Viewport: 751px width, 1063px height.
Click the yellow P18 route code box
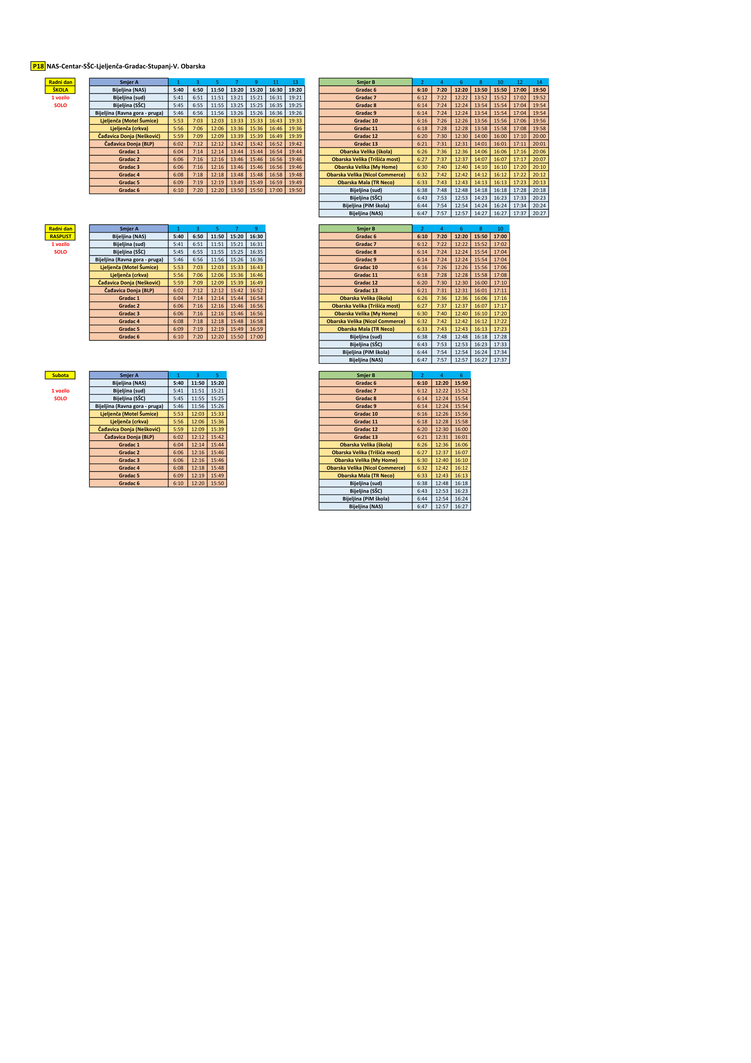(x=38, y=66)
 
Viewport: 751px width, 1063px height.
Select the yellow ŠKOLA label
(x=60, y=90)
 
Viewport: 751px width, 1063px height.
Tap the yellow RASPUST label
(x=60, y=237)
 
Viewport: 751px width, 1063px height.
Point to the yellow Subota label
(x=60, y=375)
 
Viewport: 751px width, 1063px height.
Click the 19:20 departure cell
(x=295, y=90)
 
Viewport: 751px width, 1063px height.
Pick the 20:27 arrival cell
(x=539, y=213)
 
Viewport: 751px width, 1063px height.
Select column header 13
(x=295, y=82)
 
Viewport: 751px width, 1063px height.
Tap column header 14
(x=539, y=82)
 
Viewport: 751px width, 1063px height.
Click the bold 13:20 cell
(x=237, y=90)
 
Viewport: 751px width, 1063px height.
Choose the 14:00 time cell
(x=481, y=136)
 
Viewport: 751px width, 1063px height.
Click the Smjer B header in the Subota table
(x=365, y=375)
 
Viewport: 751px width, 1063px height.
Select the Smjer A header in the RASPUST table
(x=129, y=229)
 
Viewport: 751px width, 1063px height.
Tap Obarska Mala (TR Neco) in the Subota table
(x=365, y=475)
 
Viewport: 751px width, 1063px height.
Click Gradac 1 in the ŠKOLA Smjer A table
(x=129, y=151)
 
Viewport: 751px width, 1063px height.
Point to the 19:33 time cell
(x=295, y=121)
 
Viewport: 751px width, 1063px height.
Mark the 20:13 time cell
(x=539, y=183)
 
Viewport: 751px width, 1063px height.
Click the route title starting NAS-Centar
(x=126, y=66)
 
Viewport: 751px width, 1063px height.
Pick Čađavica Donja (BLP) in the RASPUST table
(x=129, y=290)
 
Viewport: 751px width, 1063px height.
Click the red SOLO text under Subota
(x=60, y=399)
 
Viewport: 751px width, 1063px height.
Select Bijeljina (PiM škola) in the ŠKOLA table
(x=365, y=205)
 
